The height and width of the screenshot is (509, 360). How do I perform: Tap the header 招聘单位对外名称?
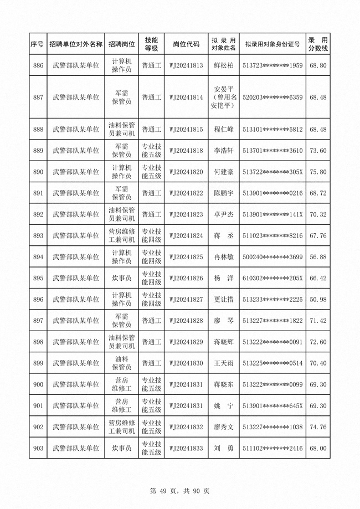click(x=76, y=44)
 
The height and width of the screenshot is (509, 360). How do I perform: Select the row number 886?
click(x=38, y=66)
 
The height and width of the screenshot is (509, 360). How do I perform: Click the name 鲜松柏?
click(x=224, y=66)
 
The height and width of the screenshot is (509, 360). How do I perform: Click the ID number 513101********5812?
click(x=273, y=130)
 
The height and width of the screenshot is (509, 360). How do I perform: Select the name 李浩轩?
click(x=224, y=151)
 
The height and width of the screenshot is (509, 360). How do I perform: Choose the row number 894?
click(x=38, y=257)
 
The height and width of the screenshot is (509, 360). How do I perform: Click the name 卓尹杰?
click(x=224, y=214)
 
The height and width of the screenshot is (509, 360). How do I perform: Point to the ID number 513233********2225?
click(x=273, y=300)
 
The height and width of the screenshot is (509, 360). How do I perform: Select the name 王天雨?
click(x=224, y=363)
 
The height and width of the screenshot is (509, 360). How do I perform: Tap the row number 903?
click(x=38, y=448)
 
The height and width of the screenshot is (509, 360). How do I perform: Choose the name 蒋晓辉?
click(x=224, y=342)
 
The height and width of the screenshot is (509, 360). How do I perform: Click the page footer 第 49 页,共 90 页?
click(x=179, y=491)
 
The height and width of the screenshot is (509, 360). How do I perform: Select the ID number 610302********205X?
click(x=273, y=278)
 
